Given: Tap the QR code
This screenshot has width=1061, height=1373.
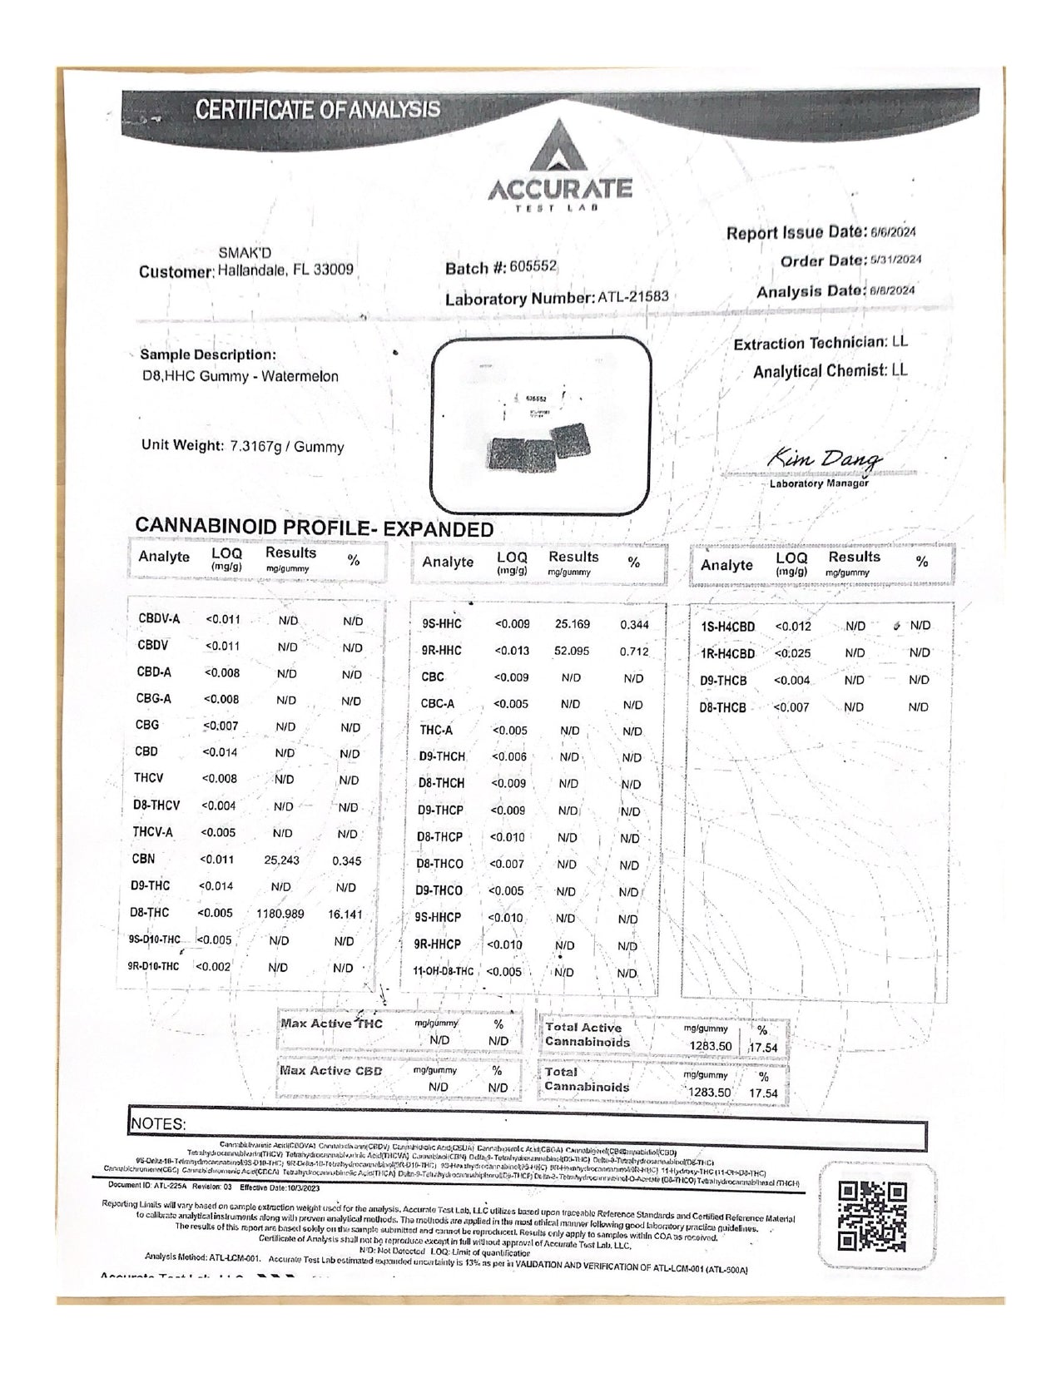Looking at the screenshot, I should click(871, 1217).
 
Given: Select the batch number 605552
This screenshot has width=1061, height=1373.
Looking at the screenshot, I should click(532, 266).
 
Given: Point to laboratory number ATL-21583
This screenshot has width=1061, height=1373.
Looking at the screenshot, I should click(632, 296).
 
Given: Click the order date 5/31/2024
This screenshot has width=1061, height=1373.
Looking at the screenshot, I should click(895, 260).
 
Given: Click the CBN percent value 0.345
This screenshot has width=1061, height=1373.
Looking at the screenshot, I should click(346, 860).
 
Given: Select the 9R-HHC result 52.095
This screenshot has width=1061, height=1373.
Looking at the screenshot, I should click(572, 651).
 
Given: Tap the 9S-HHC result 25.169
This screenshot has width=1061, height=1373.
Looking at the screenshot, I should click(572, 624).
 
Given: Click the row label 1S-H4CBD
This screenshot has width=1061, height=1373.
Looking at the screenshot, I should click(727, 627).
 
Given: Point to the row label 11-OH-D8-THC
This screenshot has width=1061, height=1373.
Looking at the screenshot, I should click(443, 971).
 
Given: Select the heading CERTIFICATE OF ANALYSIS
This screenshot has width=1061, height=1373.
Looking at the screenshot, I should click(317, 110).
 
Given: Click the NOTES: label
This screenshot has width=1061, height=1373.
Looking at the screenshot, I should click(158, 1123).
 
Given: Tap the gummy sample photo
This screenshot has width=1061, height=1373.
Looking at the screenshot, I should click(542, 426).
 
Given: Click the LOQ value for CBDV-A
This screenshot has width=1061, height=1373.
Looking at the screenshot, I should click(222, 619).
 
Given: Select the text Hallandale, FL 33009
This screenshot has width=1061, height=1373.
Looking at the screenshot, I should click(285, 270).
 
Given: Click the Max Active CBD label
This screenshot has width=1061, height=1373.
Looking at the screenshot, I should click(330, 1070).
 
